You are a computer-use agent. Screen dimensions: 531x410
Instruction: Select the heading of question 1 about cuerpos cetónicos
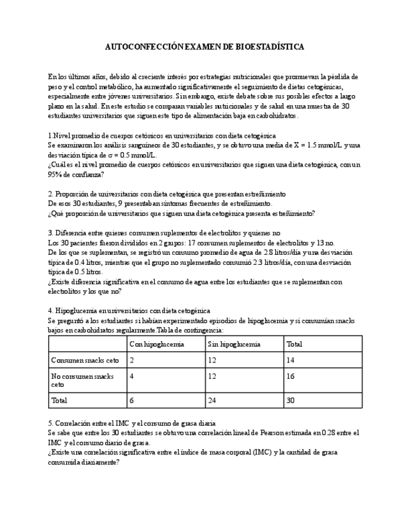(x=162, y=136)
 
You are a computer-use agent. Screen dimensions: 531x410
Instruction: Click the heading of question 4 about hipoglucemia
(x=130, y=311)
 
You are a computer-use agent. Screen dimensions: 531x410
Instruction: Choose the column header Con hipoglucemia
(x=156, y=344)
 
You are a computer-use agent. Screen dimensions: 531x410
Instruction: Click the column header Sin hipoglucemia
(x=233, y=344)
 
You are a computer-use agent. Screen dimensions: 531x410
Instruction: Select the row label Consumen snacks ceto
(x=85, y=361)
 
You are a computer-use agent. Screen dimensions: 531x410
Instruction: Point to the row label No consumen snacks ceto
(x=82, y=380)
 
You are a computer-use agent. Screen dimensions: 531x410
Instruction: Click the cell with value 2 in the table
(x=131, y=361)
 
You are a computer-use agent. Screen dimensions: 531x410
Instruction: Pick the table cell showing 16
(x=290, y=376)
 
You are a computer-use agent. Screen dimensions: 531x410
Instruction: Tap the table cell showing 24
(x=212, y=400)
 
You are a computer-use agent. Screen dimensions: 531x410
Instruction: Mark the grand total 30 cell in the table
(x=290, y=400)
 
